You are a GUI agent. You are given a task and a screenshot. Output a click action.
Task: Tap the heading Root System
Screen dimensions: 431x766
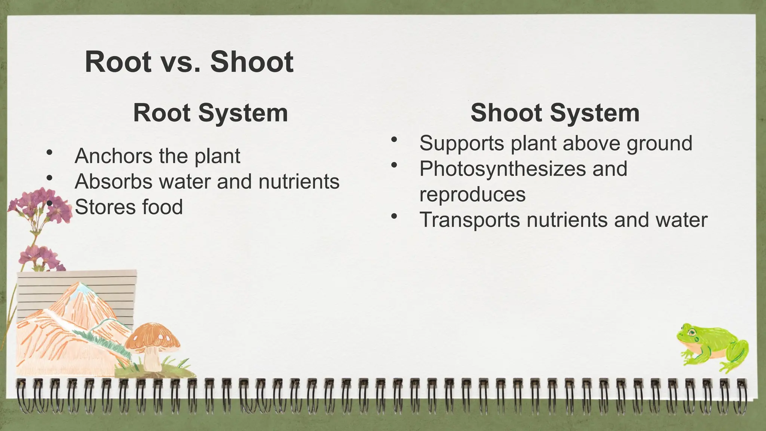[211, 113]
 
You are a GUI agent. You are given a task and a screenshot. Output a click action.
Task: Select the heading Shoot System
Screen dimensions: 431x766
[555, 113]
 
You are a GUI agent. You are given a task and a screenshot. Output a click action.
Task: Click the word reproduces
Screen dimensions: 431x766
[472, 195]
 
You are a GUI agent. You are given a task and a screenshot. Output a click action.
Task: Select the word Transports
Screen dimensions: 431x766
[469, 220]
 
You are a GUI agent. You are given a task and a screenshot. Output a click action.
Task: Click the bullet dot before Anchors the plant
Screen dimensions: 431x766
[49, 153]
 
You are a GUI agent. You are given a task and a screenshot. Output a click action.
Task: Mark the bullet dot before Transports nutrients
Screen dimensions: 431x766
[393, 216]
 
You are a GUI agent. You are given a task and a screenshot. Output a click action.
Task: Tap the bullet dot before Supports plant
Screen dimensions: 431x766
[393, 140]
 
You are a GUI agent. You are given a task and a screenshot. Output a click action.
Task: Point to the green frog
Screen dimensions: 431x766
[713, 348]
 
